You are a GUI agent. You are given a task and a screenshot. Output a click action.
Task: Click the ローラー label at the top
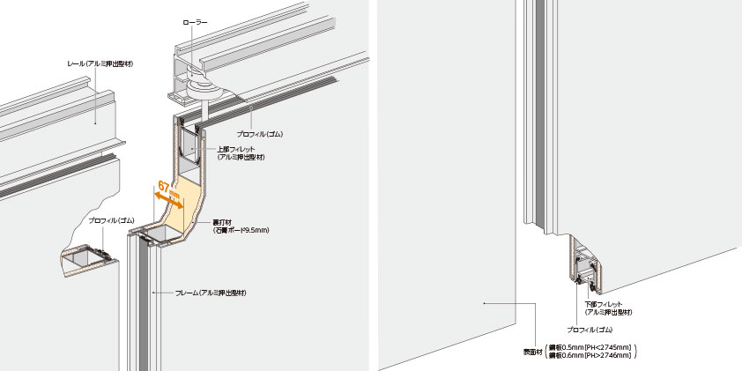(195, 22)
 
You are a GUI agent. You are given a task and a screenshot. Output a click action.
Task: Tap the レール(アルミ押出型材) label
(100, 63)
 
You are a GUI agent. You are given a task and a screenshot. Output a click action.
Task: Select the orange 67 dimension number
(163, 187)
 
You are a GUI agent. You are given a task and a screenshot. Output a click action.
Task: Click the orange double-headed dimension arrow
(169, 200)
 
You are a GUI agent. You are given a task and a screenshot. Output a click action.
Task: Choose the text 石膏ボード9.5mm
(241, 230)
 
